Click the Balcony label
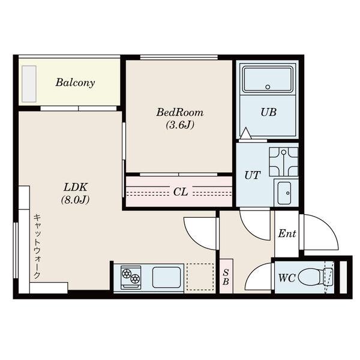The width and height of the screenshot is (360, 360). tap(75, 83)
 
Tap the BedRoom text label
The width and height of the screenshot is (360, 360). tap(180, 113)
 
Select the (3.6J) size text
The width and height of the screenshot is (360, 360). tap(180, 125)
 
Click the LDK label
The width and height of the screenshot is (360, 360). tap(76, 187)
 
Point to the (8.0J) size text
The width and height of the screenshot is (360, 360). tap(76, 200)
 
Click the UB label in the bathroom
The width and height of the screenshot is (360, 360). tap(268, 112)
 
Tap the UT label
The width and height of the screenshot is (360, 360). tap(253, 175)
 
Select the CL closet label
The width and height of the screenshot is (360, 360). tap(181, 192)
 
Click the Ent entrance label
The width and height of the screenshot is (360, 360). tap(287, 234)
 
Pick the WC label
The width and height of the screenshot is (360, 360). tap(287, 278)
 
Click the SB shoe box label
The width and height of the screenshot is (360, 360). tap(226, 277)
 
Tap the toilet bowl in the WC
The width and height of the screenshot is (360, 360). tap(311, 277)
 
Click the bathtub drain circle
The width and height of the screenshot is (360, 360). tap(268, 87)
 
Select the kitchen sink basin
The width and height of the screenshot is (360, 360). tap(166, 277)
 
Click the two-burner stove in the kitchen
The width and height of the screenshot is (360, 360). tap(131, 277)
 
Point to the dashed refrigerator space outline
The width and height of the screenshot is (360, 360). tap(200, 277)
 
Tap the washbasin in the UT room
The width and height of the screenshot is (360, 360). tap(284, 193)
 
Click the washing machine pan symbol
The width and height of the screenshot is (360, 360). tap(284, 161)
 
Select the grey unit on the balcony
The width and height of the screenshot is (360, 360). tap(29, 84)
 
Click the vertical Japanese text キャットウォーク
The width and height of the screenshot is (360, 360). tap(37, 247)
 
